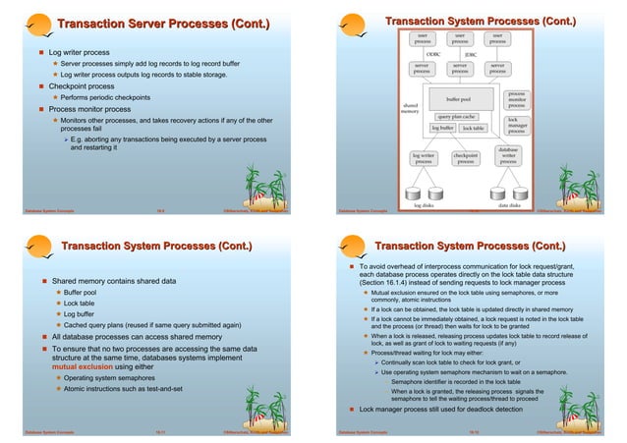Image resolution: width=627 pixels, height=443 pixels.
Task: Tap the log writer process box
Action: pos(424,157)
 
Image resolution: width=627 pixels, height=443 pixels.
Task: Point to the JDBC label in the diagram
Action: pos(470,55)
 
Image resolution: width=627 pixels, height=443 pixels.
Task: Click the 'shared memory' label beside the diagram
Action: pos(411,106)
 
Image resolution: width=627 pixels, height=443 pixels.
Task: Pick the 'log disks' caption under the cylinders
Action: pos(425,205)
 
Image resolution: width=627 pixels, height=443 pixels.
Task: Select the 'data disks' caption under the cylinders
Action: pos(510,205)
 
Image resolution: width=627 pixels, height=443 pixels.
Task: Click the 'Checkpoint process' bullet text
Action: pos(89,85)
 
